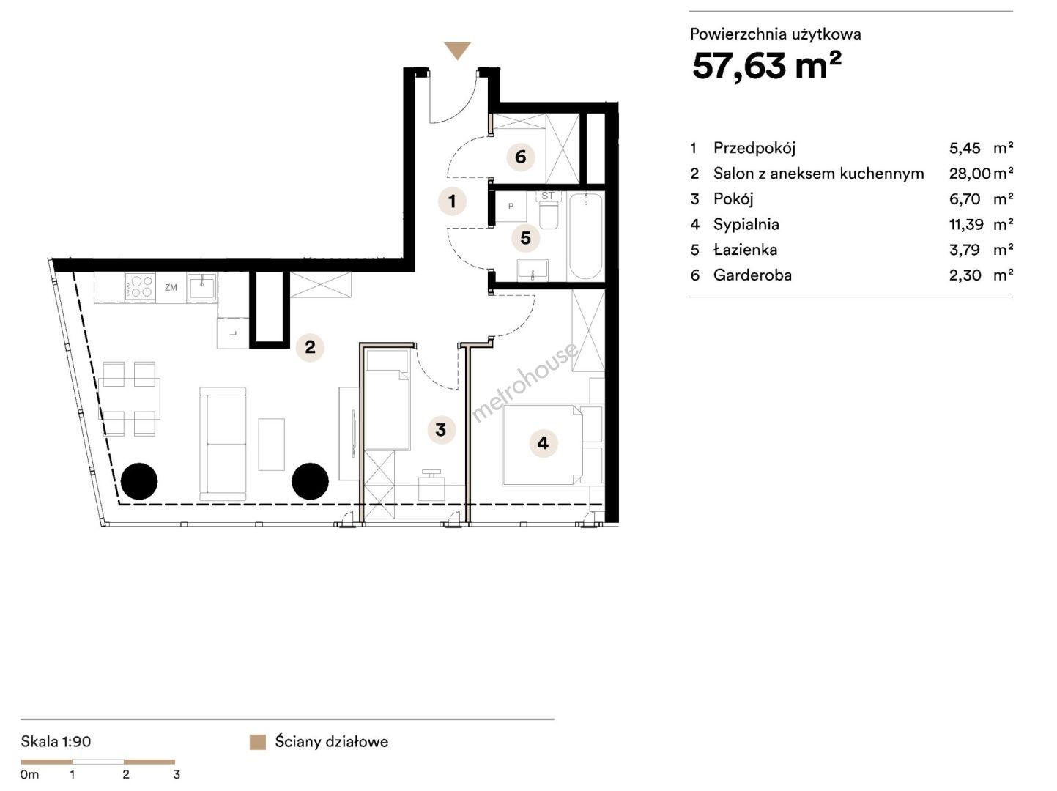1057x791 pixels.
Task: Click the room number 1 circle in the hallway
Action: click(452, 201)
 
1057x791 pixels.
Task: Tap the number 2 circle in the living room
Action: click(310, 347)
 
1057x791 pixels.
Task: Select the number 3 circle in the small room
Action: click(441, 429)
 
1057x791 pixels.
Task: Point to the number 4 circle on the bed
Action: click(544, 443)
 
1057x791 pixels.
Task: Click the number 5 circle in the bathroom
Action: click(525, 238)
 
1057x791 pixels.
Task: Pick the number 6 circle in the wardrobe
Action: click(521, 157)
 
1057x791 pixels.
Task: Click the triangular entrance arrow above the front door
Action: click(457, 51)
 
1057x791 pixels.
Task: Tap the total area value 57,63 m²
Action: click(767, 67)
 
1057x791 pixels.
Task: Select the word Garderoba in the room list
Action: click(752, 275)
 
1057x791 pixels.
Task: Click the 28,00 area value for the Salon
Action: click(970, 174)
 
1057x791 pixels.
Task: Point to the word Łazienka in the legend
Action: click(745, 249)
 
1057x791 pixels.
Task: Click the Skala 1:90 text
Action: click(56, 741)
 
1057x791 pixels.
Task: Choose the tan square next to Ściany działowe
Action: click(258, 743)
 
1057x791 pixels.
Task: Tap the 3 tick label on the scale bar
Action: click(177, 775)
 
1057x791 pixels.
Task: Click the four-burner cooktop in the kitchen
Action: click(140, 286)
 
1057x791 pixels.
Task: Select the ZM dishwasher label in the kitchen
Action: click(171, 287)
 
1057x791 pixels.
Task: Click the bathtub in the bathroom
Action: click(585, 237)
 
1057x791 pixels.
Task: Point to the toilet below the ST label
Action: click(549, 215)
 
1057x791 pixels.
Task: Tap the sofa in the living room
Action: click(223, 444)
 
